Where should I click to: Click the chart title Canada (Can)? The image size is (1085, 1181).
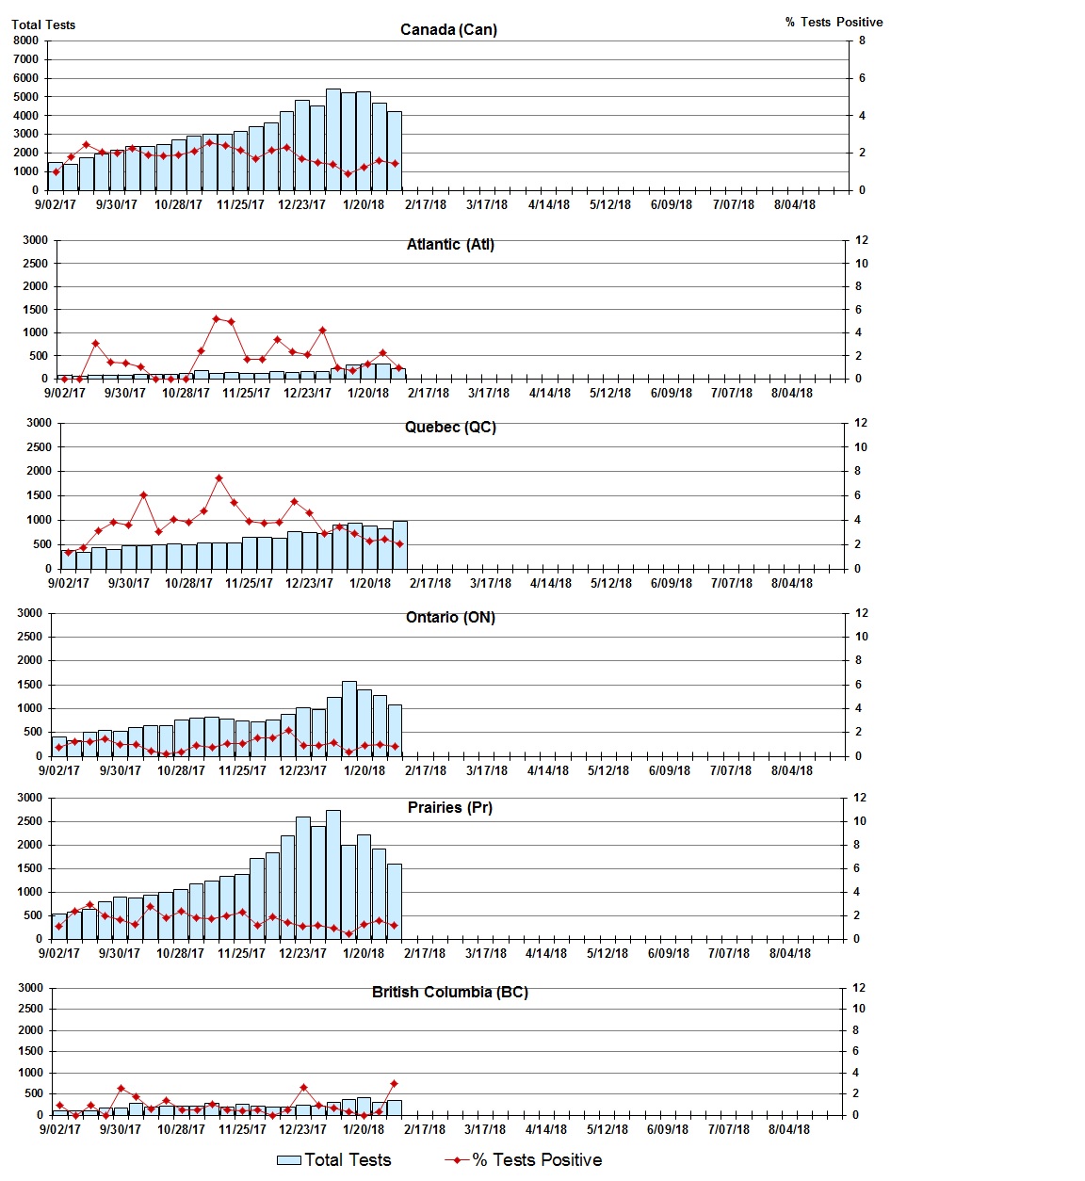click(448, 29)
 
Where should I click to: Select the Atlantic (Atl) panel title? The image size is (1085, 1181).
click(450, 244)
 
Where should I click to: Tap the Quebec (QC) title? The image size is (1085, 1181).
click(450, 427)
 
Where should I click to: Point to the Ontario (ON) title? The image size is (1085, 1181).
click(450, 617)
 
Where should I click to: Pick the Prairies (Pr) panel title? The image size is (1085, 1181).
click(450, 807)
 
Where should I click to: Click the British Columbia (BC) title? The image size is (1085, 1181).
click(450, 992)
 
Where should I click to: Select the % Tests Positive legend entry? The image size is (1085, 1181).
click(524, 1159)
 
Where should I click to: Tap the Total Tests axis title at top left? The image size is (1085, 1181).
click(43, 24)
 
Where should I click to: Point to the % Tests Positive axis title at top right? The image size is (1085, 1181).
click(834, 22)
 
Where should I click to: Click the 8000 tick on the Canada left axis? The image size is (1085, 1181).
click(25, 40)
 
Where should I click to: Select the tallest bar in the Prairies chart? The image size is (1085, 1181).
click(333, 874)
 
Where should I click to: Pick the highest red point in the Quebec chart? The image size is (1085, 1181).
click(219, 477)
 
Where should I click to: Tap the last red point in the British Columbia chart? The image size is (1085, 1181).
click(394, 1083)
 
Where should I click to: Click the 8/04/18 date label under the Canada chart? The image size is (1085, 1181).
click(795, 204)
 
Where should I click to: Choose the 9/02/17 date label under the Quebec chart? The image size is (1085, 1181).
click(69, 583)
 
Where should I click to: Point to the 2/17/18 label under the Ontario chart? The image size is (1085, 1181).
click(426, 770)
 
